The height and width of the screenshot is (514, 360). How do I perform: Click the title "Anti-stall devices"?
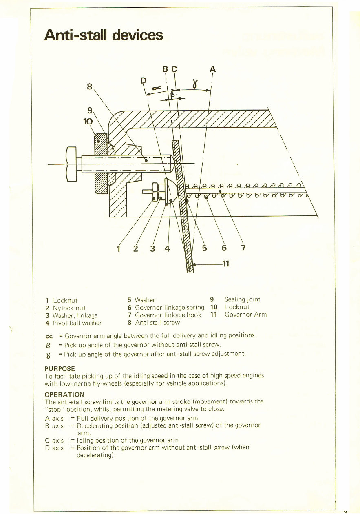pyautogui.click(x=104, y=35)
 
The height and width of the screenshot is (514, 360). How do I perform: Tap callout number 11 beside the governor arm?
pyautogui.click(x=225, y=264)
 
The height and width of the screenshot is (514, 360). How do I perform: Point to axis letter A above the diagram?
pyautogui.click(x=212, y=69)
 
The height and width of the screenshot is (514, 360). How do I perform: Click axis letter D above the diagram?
pyautogui.click(x=143, y=80)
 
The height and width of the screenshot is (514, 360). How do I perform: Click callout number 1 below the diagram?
pyautogui.click(x=119, y=248)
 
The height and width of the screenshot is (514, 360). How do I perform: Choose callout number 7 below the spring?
pyautogui.click(x=243, y=248)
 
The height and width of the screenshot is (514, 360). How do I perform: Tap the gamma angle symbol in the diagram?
pyautogui.click(x=195, y=85)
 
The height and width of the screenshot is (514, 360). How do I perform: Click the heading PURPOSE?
pyautogui.click(x=60, y=368)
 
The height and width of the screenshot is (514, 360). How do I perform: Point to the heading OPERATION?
pyautogui.click(x=64, y=394)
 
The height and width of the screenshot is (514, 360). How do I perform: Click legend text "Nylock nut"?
pyautogui.click(x=69, y=308)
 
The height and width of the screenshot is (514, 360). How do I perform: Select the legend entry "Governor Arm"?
pyautogui.click(x=245, y=315)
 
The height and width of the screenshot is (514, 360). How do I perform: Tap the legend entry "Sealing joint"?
pyautogui.click(x=242, y=299)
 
